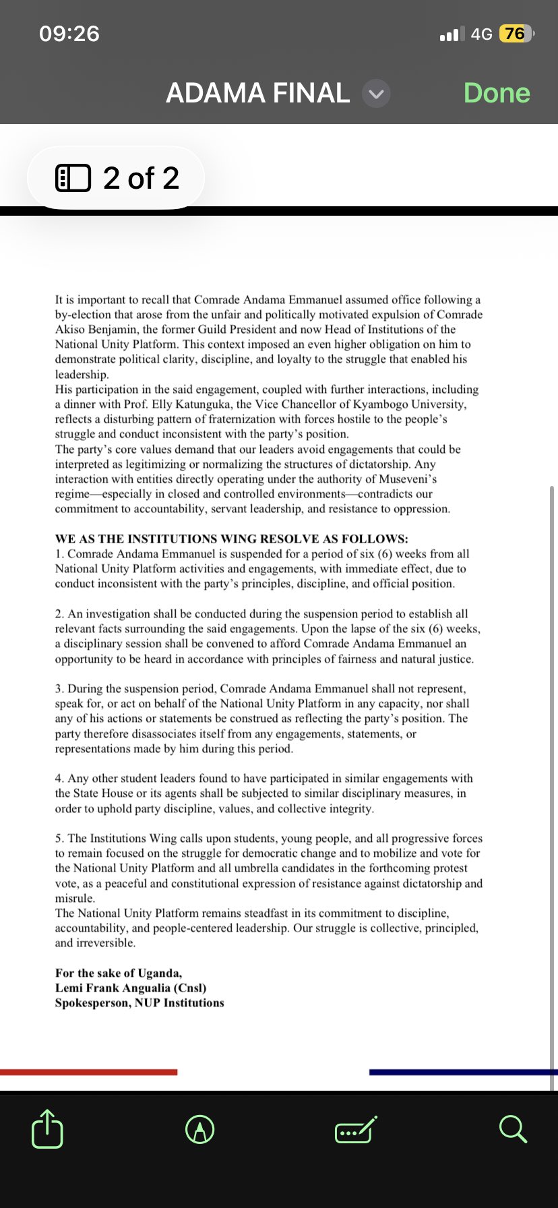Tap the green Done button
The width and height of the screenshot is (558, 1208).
tap(497, 93)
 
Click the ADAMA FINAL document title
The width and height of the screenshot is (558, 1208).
tap(257, 93)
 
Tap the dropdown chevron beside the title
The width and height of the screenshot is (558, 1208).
tap(376, 94)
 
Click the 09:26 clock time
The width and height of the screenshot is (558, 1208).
tap(69, 33)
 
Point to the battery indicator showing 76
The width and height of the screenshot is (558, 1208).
tap(514, 33)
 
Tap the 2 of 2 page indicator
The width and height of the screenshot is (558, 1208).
tap(116, 178)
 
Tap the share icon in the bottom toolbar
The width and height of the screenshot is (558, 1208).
tap(47, 1128)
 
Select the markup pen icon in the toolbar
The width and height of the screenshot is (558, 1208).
tap(200, 1128)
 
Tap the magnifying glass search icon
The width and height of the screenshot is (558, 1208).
tap(513, 1128)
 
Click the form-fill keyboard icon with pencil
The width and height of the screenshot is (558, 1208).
tap(356, 1129)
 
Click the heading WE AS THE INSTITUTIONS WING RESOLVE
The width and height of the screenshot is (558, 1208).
tap(231, 539)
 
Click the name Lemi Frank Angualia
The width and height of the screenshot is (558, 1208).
tap(113, 988)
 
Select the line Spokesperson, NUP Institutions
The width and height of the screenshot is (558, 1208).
tap(139, 1002)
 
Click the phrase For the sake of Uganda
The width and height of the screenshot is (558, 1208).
tap(119, 973)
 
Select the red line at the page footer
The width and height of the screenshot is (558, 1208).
tap(88, 1072)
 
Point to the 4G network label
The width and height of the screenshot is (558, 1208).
tap(481, 34)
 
